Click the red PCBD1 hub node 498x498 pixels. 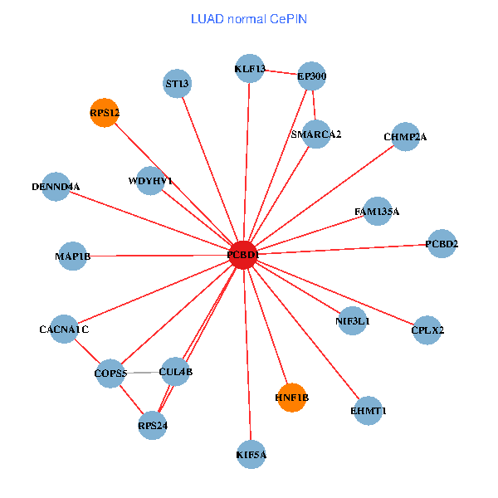point(242,255)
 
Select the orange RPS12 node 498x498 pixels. point(105,112)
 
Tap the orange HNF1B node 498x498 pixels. point(291,398)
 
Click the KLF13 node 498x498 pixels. point(250,70)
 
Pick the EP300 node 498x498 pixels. point(312,77)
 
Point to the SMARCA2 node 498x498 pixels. point(316,134)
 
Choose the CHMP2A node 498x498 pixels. point(405,137)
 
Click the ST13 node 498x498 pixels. point(177,83)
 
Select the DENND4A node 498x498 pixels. point(56,187)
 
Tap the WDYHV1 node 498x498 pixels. point(150,181)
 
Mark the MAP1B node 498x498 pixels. point(72,256)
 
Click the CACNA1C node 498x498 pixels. point(64,330)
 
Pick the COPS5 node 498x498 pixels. point(110,373)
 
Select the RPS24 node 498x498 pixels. point(153,426)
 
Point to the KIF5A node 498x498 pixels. point(251,454)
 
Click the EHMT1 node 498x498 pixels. point(369,411)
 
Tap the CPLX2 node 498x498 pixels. point(427,330)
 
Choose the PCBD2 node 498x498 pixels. point(442,244)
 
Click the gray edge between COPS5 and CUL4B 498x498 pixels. point(143,373)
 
